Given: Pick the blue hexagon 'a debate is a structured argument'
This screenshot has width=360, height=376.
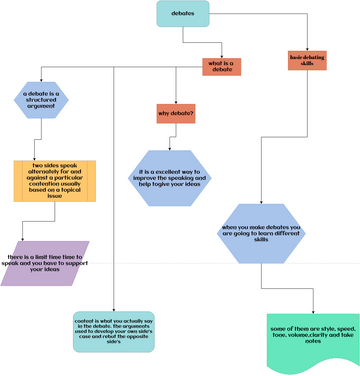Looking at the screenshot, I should click(41, 102).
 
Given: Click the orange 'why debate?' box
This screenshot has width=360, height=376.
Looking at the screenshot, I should click(176, 114).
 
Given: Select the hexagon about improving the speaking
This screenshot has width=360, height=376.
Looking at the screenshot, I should click(176, 179).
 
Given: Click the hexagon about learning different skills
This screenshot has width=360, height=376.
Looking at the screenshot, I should click(262, 234).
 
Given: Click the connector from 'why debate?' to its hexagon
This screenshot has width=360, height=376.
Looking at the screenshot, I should click(176, 136).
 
